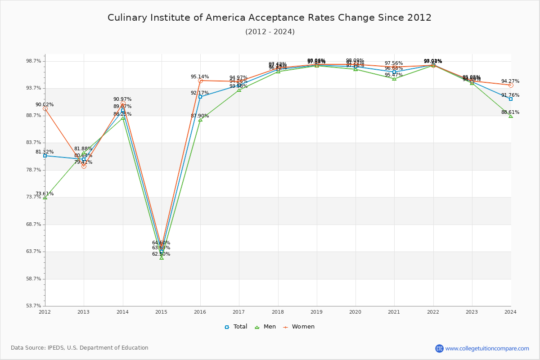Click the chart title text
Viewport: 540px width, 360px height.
pos(270,18)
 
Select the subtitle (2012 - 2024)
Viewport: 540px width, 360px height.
pos(270,31)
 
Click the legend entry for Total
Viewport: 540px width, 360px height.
pos(236,327)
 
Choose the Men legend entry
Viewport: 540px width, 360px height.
pos(266,327)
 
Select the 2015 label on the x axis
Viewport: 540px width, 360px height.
pos(161,311)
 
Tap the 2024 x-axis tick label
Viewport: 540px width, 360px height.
pos(510,311)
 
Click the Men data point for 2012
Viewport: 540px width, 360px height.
pos(45,198)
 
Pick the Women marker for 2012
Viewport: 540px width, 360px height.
pos(45,108)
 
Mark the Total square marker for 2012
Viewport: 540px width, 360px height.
pos(45,156)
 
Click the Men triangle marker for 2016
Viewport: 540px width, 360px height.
pos(200,120)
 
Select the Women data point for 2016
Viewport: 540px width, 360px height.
pos(200,81)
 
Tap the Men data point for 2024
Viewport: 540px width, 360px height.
pos(511,116)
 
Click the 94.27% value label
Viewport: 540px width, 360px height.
pos(510,81)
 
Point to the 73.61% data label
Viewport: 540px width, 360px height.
pos(45,194)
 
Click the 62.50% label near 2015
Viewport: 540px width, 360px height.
pos(161,254)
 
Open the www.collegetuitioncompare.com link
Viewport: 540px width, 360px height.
pos(487,348)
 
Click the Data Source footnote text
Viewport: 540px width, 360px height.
pos(80,348)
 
